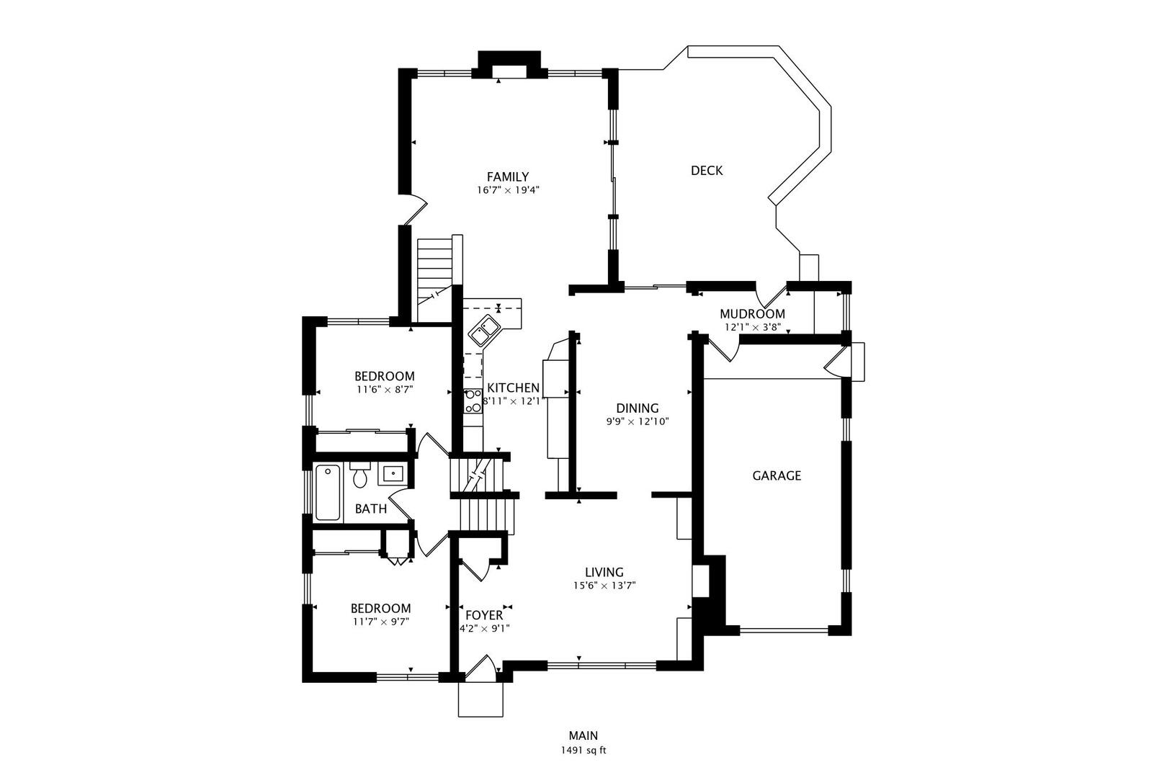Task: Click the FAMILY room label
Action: click(507, 176)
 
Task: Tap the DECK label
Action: click(706, 171)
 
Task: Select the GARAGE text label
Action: click(776, 475)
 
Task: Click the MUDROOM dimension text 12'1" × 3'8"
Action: click(752, 327)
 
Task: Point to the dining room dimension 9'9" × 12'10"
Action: click(638, 422)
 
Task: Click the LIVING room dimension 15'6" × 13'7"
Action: click(604, 586)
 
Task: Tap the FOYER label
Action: click(483, 615)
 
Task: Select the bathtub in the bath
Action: click(328, 493)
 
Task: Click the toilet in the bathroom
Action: click(360, 475)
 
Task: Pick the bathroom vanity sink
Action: click(393, 474)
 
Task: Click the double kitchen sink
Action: click(484, 331)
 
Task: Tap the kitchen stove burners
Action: click(473, 401)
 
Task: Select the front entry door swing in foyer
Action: click(480, 667)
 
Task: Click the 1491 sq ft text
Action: click(583, 750)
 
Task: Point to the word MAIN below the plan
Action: click(583, 735)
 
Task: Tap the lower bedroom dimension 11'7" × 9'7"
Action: click(380, 622)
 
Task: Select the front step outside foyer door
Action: click(480, 699)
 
